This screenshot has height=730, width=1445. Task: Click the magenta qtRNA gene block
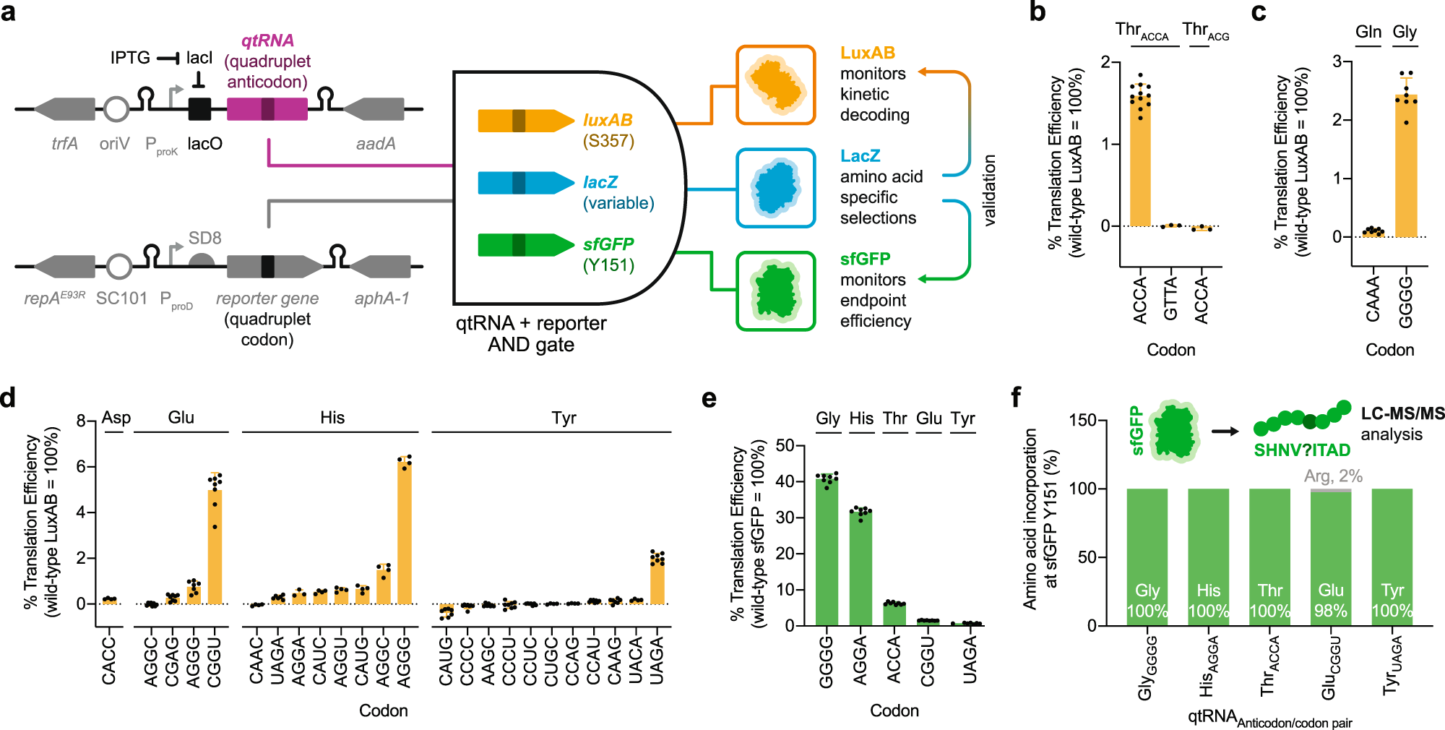267,109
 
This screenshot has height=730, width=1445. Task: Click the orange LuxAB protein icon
775,85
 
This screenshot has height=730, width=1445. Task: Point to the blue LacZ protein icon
775,188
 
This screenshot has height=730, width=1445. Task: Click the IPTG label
130,58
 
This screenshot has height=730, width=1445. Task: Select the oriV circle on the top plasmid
116,109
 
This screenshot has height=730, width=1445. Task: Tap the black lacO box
199,109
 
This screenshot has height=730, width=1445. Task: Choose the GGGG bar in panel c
1406,166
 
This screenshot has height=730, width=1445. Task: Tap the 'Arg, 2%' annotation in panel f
1333,476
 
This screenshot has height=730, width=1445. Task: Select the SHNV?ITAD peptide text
1302,450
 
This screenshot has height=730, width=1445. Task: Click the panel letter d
8,398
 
